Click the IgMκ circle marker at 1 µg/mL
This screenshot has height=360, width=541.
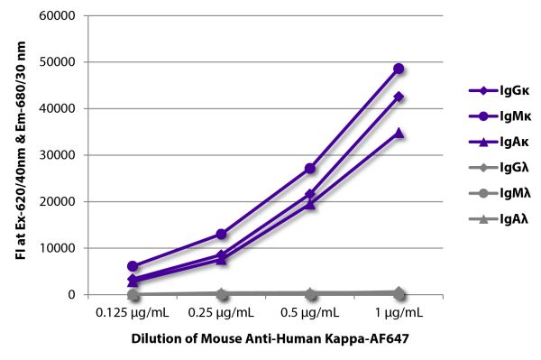[x=398, y=69]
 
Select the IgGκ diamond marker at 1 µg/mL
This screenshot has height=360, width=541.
[x=398, y=97]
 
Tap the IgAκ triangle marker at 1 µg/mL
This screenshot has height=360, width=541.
[x=398, y=133]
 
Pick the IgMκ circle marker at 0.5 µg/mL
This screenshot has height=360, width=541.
[x=310, y=169]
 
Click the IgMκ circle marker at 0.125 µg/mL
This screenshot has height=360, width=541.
[x=133, y=266]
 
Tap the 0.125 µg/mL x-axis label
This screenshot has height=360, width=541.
[x=133, y=312]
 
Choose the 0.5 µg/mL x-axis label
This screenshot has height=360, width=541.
[x=310, y=312]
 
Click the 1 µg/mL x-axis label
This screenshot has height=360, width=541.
[x=398, y=312]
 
